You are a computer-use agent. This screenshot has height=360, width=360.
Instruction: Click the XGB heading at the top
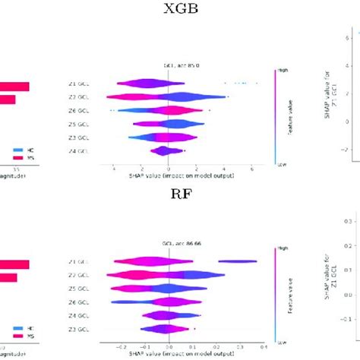pyautogui.click(x=180, y=10)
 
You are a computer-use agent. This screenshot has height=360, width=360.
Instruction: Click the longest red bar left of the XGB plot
pyautogui.click(x=14, y=86)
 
